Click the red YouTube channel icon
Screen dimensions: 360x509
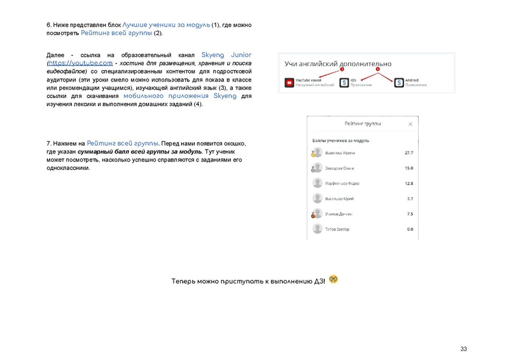[x=289, y=83]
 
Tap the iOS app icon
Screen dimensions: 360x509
[x=344, y=83]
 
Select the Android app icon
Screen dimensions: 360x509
[x=399, y=83]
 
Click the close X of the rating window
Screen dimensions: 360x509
[x=410, y=124]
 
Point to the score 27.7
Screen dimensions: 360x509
[x=409, y=153]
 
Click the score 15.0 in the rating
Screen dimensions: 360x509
[x=409, y=169]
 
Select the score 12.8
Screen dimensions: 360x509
[x=409, y=184]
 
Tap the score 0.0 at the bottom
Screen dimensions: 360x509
[x=410, y=229]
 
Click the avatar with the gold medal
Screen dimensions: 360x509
[x=316, y=153]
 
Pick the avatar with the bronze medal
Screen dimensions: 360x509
[x=316, y=214]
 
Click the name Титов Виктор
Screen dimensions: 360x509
[x=338, y=229]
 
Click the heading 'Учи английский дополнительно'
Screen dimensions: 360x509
[x=338, y=64]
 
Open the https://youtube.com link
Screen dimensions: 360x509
[x=81, y=63]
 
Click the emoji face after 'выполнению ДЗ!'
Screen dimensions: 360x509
[x=333, y=279]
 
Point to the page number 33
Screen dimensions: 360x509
[x=463, y=349]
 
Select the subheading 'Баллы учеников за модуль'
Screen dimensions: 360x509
[x=341, y=140]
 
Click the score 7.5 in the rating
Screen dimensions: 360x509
[x=410, y=214]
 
